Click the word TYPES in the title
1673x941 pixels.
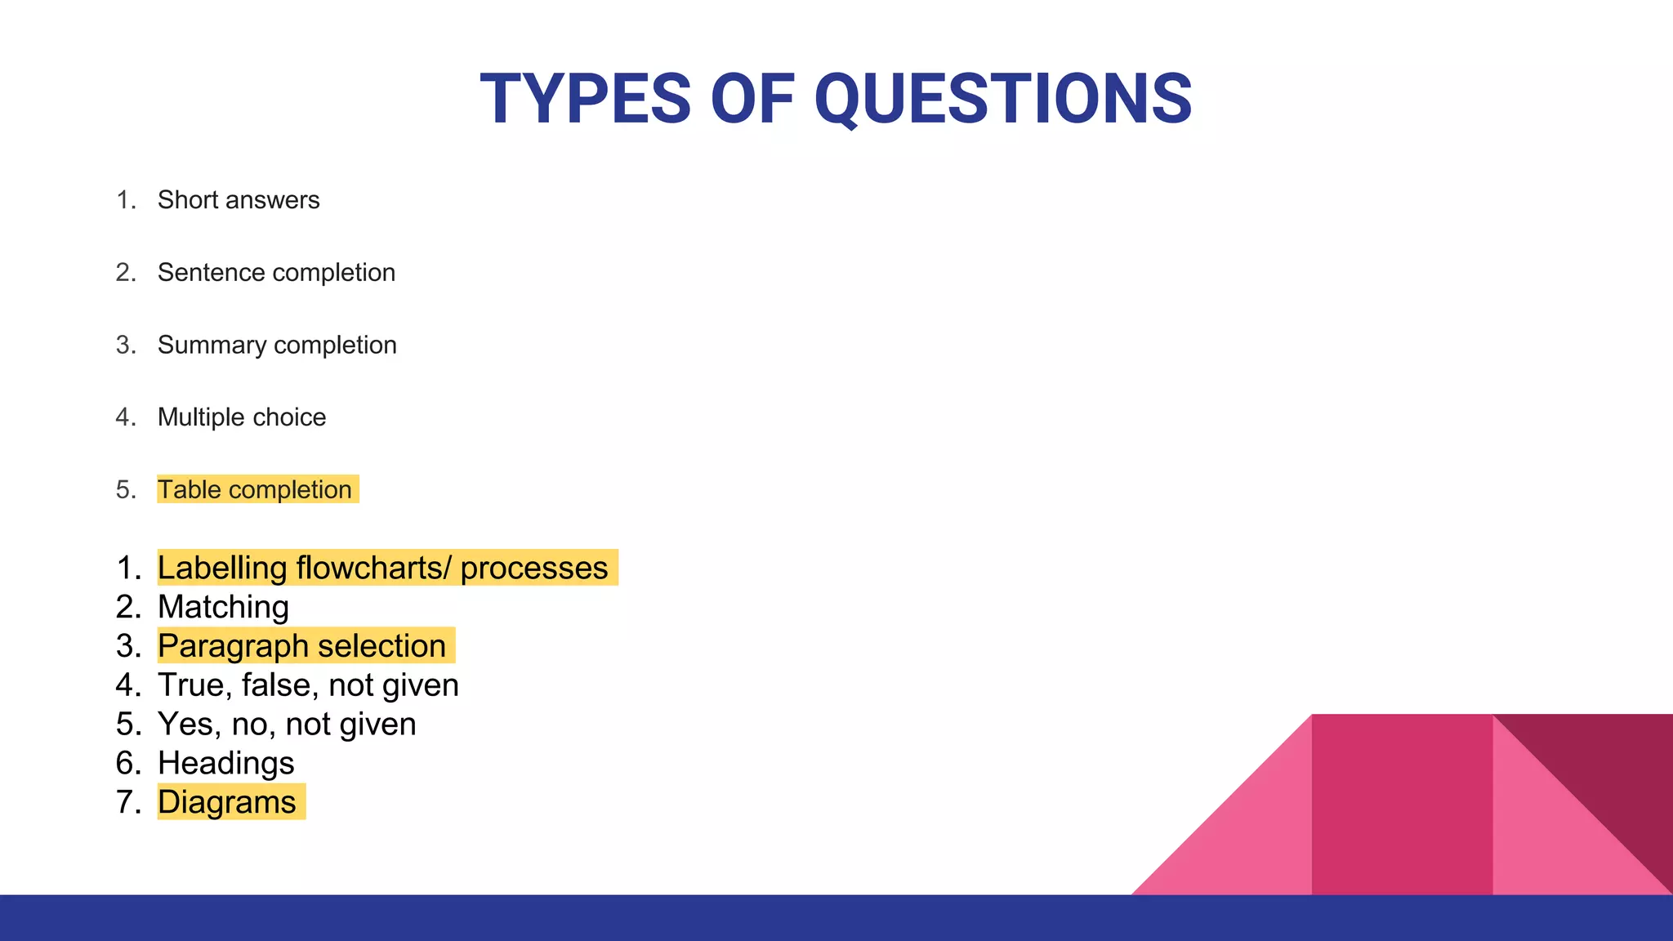(585, 100)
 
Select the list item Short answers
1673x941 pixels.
(238, 200)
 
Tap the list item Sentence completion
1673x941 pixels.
(275, 273)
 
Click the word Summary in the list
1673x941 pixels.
(212, 346)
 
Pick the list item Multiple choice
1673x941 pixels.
(241, 417)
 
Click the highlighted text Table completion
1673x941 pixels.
(254, 490)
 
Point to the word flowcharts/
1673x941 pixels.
(373, 568)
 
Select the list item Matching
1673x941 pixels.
(223, 607)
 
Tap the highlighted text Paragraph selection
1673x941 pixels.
(301, 646)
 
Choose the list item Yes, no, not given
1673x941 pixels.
(286, 725)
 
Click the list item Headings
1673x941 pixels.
(225, 764)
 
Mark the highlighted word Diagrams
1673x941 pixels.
(226, 802)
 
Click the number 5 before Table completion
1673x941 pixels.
(125, 490)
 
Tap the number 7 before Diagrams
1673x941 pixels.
(127, 802)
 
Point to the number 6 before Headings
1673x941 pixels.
(127, 764)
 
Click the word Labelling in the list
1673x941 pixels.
(221, 568)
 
